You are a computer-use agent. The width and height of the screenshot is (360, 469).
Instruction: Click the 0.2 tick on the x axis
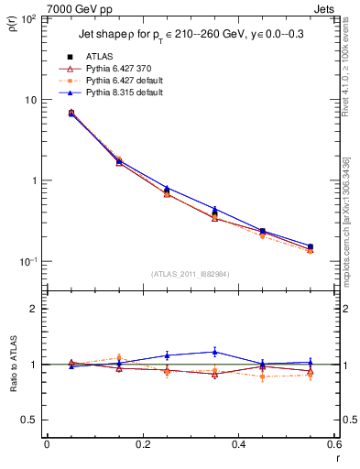142,444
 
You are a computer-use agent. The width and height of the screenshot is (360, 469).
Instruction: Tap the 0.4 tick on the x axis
238,444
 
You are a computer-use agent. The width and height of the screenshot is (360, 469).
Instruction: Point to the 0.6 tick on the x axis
333,444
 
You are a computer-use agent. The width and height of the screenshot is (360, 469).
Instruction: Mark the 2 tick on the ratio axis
36,309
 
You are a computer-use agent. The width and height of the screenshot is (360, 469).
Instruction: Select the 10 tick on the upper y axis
32,99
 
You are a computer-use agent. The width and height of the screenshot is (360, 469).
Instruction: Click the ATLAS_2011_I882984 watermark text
190,273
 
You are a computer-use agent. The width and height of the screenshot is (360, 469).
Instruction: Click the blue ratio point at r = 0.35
214,352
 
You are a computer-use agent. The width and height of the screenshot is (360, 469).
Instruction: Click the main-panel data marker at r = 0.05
71,113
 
